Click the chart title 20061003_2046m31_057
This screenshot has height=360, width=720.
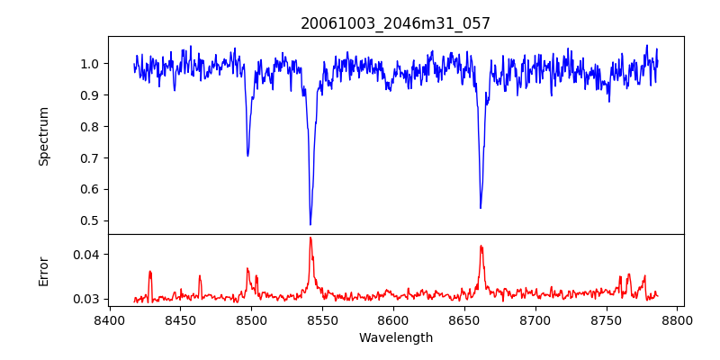click(x=395, y=23)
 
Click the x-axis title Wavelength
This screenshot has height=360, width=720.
click(x=395, y=338)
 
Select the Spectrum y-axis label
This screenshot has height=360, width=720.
click(x=44, y=136)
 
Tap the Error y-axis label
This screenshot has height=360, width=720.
click(x=44, y=270)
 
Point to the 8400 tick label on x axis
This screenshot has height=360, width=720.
click(x=109, y=319)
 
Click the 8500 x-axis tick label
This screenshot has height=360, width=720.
click(x=251, y=319)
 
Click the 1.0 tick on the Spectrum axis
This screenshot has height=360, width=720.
click(x=90, y=64)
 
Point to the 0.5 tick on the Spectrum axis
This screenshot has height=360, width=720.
click(x=90, y=220)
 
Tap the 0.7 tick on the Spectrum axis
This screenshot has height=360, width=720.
click(x=90, y=157)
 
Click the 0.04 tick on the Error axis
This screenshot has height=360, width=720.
click(x=86, y=255)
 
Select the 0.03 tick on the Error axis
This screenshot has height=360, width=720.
click(x=86, y=299)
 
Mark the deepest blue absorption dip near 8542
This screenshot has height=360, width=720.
click(x=310, y=224)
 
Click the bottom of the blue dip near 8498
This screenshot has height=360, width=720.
click(x=247, y=156)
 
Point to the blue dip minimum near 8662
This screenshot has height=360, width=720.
click(x=481, y=208)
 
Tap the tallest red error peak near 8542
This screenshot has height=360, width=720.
click(x=310, y=238)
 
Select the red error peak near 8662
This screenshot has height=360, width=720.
click(x=481, y=246)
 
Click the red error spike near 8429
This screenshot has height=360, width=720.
click(x=150, y=271)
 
